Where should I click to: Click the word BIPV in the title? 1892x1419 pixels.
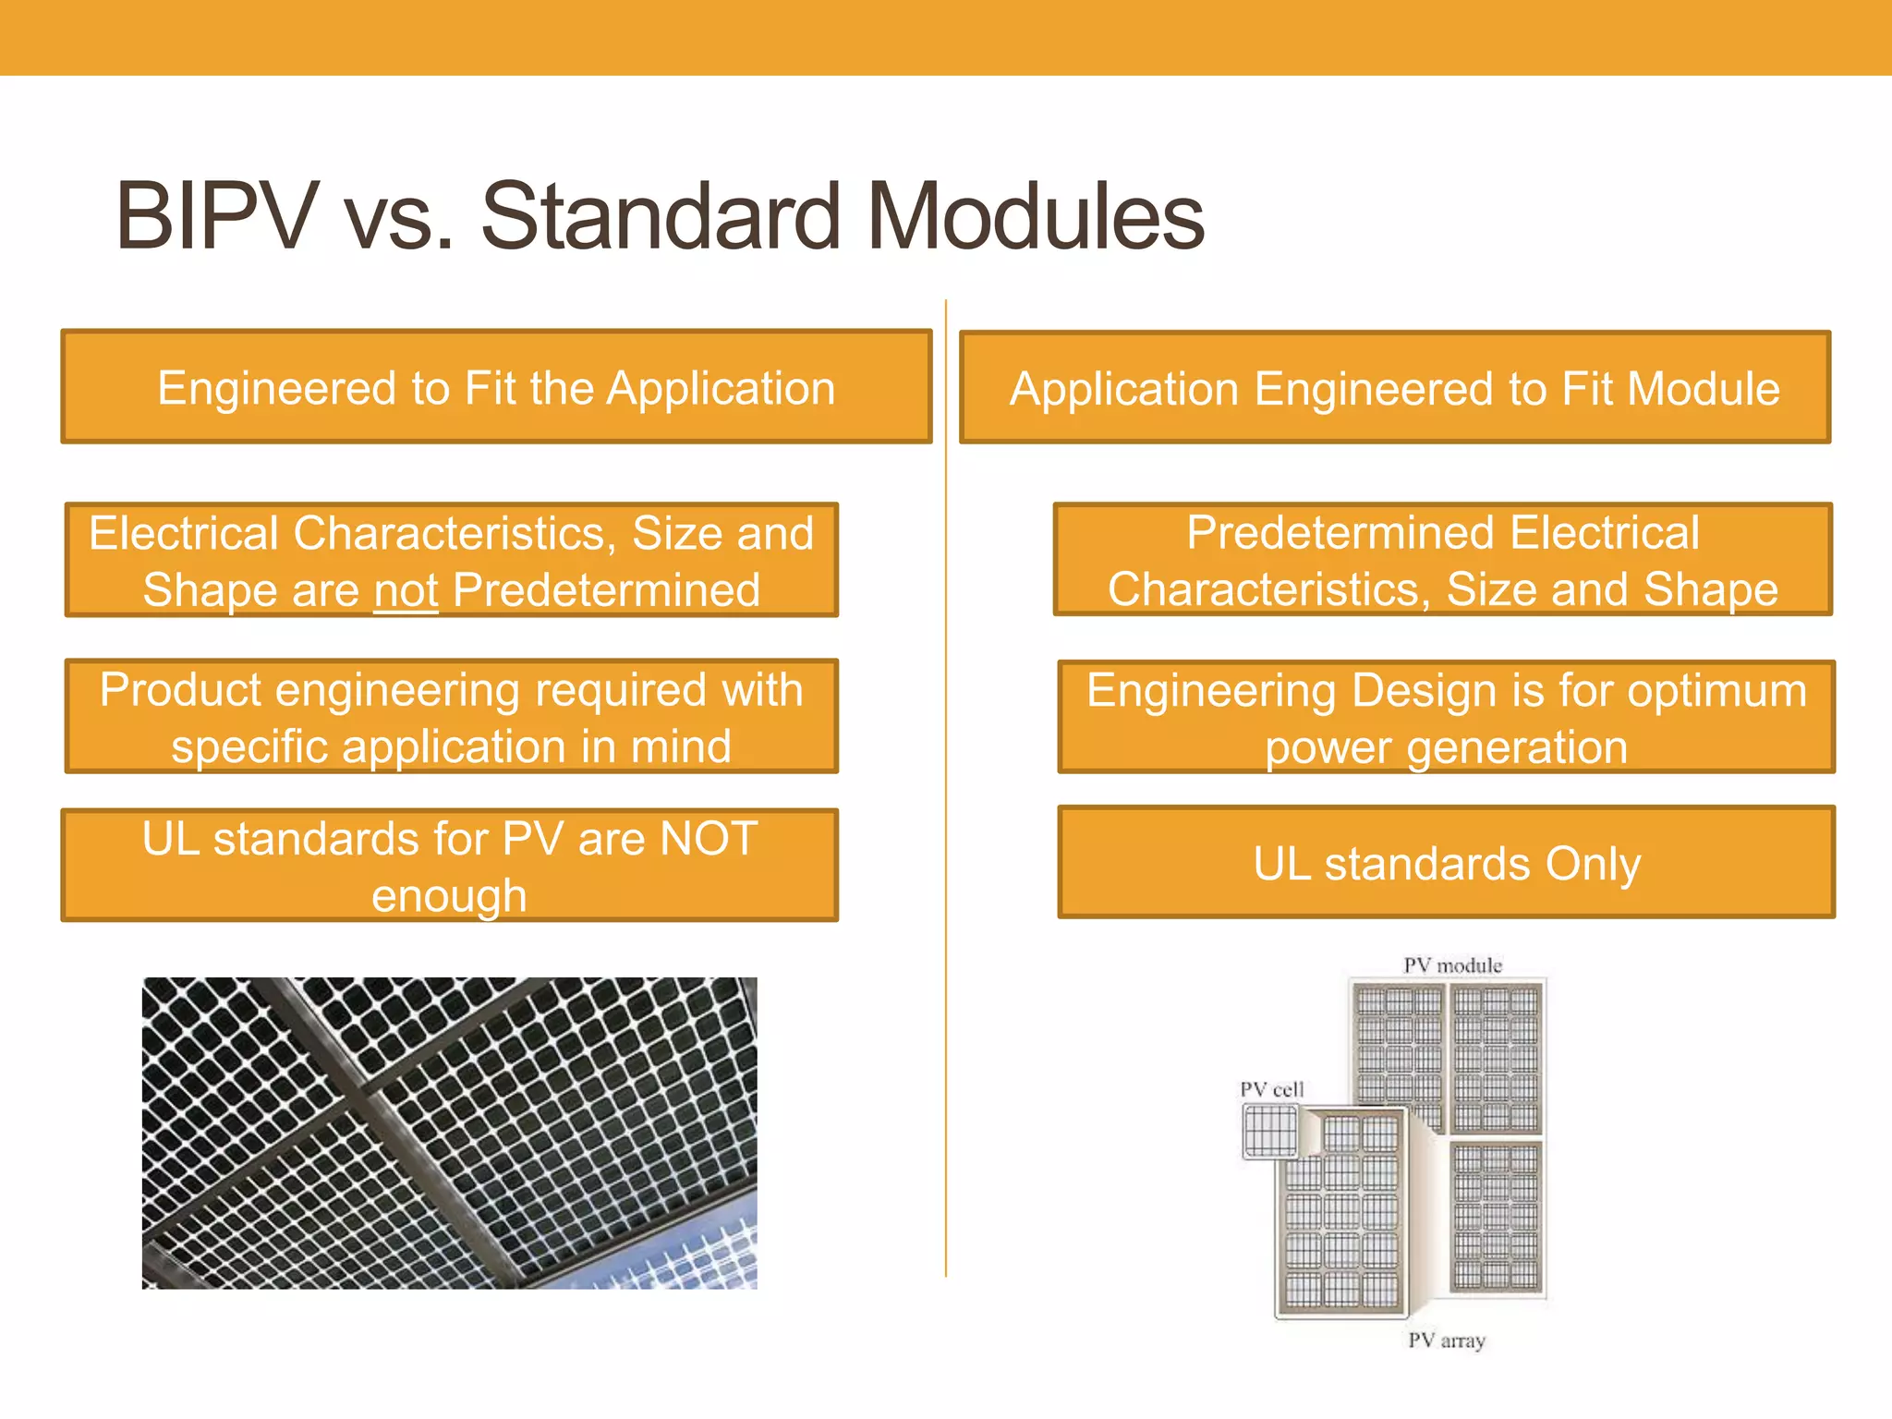[217, 217]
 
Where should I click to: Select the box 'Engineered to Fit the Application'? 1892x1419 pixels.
[496, 387]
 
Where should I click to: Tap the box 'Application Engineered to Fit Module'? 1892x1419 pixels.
[1395, 388]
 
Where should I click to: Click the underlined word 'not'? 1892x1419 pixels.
[406, 591]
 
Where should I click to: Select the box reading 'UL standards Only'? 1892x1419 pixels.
[1446, 863]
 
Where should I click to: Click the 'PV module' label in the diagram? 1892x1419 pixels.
[1452, 965]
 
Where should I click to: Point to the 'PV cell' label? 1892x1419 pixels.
[1271, 1089]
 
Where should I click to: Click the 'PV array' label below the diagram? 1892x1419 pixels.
[1446, 1340]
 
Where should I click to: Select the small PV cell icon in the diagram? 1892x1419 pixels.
[1271, 1131]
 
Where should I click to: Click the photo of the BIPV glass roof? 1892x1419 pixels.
[449, 1133]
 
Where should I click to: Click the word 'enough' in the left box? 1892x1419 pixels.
[449, 896]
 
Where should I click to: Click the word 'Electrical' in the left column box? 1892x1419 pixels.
[184, 534]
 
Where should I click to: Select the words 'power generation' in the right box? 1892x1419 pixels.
[1446, 747]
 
